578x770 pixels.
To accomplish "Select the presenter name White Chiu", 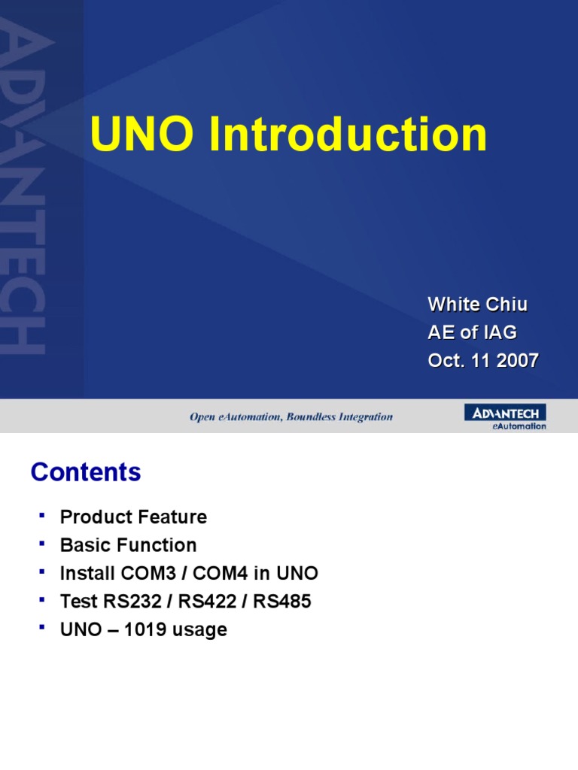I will [x=477, y=305].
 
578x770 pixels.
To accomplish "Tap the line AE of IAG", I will [x=472, y=332].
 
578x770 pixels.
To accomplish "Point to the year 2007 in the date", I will [x=518, y=360].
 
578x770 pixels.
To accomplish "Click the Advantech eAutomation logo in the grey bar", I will [x=505, y=417].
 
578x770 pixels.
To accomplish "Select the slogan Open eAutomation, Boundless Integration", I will [x=291, y=417].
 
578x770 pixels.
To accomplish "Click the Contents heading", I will [x=86, y=472].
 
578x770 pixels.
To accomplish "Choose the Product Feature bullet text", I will [x=133, y=517].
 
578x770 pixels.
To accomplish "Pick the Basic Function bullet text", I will [x=128, y=545].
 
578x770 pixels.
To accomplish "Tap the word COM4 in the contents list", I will [x=221, y=574].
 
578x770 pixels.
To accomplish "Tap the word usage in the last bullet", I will [x=200, y=629].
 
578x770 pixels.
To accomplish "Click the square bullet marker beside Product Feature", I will [x=41, y=515].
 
